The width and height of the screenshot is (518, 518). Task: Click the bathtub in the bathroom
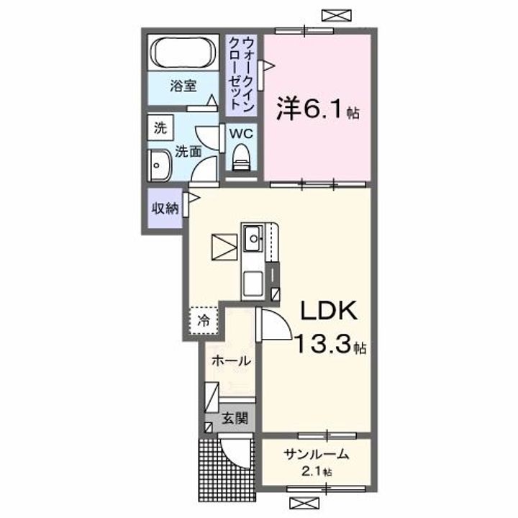183,53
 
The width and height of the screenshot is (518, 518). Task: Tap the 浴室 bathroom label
183,86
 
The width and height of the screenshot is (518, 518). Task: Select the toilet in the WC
242,158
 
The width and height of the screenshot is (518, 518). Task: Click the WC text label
242,134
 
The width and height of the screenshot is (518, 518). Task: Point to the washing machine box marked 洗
160,127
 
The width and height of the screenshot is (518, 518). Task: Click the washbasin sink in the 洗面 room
160,166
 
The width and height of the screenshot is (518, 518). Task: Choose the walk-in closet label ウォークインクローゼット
242,74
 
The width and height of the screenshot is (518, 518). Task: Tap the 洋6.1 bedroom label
317,109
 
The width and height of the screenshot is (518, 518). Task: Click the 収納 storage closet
165,208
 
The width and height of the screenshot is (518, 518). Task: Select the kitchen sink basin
253,239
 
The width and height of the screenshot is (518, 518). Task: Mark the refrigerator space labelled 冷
204,320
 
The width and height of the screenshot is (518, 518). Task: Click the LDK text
328,311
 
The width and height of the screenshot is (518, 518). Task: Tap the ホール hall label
231,360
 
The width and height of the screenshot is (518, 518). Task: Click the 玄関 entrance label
235,419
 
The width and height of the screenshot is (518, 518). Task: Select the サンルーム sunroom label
316,455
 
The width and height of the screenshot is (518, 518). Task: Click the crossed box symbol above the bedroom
337,15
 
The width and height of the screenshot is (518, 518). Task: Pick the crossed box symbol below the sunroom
304,503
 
